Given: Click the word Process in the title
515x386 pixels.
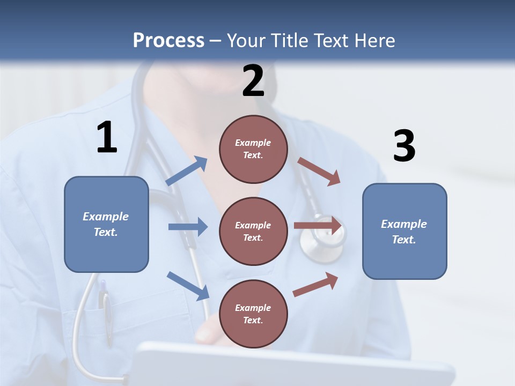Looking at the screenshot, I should point(168,41).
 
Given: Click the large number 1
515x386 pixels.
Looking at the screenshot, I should point(107,138).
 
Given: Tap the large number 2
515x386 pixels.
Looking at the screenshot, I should point(253,81).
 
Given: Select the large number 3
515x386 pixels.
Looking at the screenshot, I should point(404,146).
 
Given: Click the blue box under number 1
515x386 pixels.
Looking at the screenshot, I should point(106,224).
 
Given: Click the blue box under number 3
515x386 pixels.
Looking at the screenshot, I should point(404,231).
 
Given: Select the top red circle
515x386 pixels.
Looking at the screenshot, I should point(253,149).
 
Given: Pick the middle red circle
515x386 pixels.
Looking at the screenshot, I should point(253,231).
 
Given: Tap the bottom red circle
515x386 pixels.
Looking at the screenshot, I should point(253,314).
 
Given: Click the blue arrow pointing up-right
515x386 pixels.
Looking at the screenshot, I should point(187,171).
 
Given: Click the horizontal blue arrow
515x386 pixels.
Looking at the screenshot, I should point(188,227).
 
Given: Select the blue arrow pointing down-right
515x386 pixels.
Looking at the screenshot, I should point(188,286).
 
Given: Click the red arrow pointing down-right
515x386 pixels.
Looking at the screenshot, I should point(319,171).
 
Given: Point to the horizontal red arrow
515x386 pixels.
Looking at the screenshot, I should point(318,226).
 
